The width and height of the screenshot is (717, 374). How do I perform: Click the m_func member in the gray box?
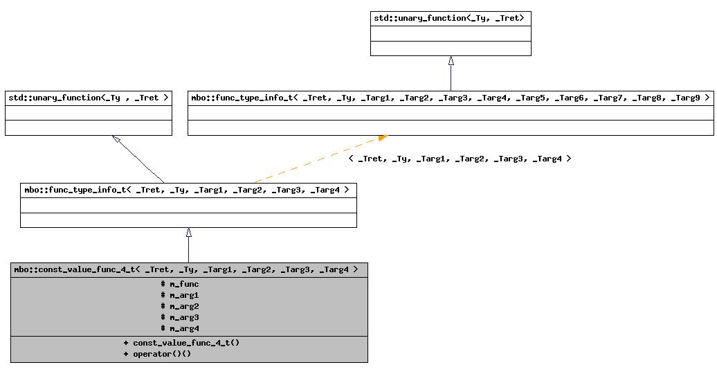click(180, 284)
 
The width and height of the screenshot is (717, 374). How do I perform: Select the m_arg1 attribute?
click(180, 295)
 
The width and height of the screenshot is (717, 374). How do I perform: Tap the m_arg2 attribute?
click(180, 306)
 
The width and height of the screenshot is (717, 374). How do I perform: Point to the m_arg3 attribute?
click(180, 317)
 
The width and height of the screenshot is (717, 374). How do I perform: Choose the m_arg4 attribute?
click(180, 328)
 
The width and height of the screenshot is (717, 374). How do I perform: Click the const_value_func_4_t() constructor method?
click(181, 343)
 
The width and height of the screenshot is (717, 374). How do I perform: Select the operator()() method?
click(157, 354)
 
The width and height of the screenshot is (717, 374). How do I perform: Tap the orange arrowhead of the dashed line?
click(382, 138)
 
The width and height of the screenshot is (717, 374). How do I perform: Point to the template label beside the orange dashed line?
click(460, 159)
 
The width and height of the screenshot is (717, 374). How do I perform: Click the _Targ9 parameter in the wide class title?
click(684, 98)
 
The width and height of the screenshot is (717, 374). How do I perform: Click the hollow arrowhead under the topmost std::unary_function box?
click(451, 61)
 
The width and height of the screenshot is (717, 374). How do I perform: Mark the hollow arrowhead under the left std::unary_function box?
click(116, 139)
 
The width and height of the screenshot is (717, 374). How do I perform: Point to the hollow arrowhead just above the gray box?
click(188, 233)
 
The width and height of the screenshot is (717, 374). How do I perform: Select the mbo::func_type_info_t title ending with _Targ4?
click(187, 190)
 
